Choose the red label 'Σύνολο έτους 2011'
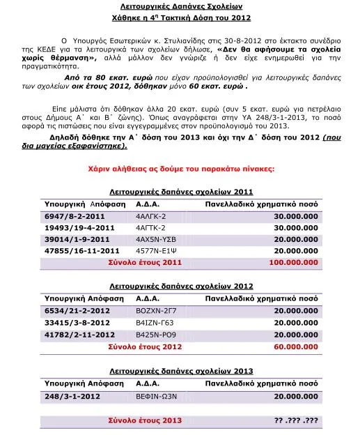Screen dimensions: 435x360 146,264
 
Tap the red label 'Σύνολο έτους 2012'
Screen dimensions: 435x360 146,346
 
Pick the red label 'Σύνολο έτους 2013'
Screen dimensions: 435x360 146,421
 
